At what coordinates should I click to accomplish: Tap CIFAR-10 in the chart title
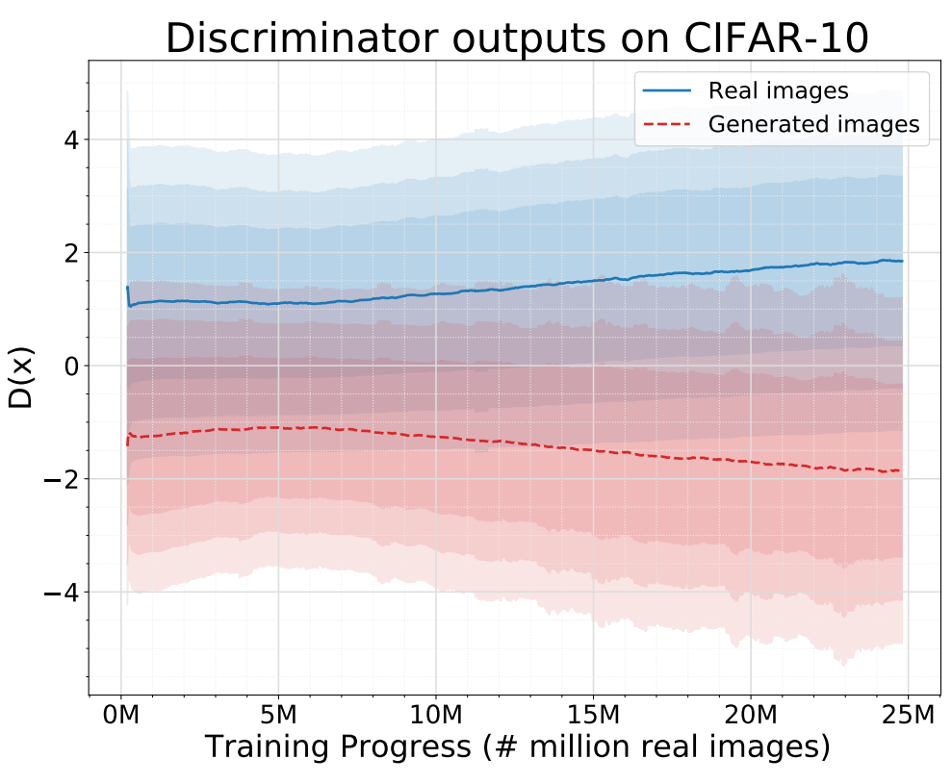tap(777, 38)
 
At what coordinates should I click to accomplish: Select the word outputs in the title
tap(529, 39)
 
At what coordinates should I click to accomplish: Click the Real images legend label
tap(779, 90)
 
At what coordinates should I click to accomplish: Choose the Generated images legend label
tap(813, 124)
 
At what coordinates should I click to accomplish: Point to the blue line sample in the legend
tap(667, 91)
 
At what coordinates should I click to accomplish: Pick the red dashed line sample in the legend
tap(667, 124)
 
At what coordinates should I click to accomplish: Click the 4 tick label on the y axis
tap(71, 140)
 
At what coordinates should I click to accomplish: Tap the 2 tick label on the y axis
tap(71, 253)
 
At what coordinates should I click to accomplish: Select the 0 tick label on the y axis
tap(71, 366)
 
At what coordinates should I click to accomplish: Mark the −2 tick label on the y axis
tap(62, 479)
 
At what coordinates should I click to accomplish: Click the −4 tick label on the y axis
tap(62, 592)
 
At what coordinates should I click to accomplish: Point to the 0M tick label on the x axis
tap(121, 715)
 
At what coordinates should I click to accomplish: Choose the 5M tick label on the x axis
tap(278, 715)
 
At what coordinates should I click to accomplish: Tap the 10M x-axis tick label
tap(436, 715)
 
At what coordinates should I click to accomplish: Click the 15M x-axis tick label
tap(593, 715)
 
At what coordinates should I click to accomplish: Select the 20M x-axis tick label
tap(751, 715)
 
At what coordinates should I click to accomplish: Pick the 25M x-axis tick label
tap(909, 715)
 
